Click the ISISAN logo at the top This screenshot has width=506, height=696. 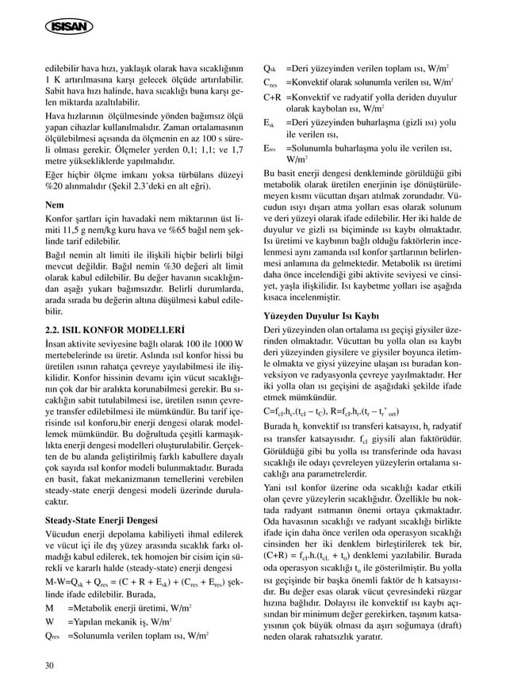point(63,29)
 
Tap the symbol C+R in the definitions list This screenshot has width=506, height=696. point(273,97)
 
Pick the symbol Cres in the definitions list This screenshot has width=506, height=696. point(270,82)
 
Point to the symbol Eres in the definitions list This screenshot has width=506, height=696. point(270,148)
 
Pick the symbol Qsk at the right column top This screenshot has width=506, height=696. point(270,67)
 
